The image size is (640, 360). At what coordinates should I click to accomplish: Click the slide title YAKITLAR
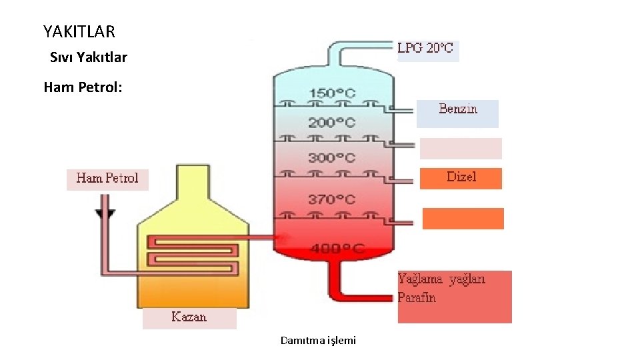click(79, 31)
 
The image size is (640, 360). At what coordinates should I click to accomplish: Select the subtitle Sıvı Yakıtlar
click(88, 57)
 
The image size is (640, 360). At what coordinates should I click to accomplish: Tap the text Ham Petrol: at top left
click(83, 87)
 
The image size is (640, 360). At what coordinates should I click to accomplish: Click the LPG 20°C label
click(425, 48)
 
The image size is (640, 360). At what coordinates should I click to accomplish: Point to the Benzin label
click(458, 109)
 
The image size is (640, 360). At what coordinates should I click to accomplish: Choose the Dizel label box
click(461, 178)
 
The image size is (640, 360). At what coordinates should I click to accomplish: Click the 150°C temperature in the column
click(332, 93)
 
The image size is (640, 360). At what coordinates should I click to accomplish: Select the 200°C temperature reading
click(332, 123)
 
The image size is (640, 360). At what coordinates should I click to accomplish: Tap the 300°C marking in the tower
click(332, 158)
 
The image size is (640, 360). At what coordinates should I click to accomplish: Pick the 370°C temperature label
click(332, 199)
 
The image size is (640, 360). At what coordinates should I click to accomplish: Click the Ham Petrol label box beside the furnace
click(107, 178)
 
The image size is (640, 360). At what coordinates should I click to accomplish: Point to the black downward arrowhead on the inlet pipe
click(105, 214)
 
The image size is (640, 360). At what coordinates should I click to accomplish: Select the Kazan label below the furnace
click(189, 317)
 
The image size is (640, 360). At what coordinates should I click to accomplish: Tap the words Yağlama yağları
click(441, 279)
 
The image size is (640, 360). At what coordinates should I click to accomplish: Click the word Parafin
click(417, 297)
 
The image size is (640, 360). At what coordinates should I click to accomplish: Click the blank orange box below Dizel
click(463, 219)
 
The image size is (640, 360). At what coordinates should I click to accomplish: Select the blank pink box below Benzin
click(461, 149)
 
